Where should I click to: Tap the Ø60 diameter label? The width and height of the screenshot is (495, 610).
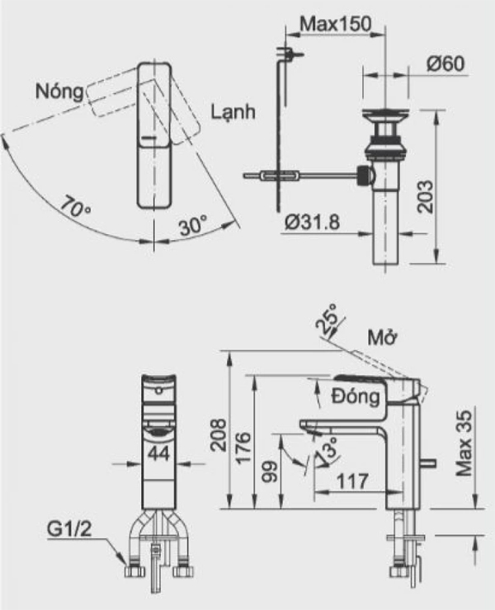tap(445, 65)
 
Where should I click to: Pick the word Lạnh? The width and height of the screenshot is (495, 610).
tap(233, 110)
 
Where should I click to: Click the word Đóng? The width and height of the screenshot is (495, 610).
tap(356, 396)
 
